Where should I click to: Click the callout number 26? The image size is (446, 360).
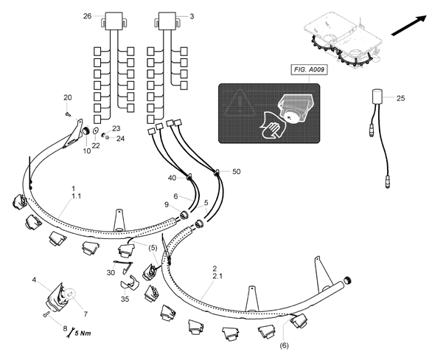pos(87,16)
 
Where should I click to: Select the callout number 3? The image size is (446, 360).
pos(192,16)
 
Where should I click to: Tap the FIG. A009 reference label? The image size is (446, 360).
pos(309,70)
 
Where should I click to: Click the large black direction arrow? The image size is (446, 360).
pos(409,26)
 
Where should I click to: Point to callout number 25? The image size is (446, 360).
pos(400,98)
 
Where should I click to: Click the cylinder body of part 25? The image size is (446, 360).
pos(377,97)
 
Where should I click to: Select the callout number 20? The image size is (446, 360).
pos(67,97)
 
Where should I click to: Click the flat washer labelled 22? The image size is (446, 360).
pos(96,131)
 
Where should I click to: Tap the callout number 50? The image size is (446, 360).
pos(237,171)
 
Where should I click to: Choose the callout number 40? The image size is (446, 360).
pos(172,178)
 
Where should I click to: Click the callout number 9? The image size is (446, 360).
pos(167,204)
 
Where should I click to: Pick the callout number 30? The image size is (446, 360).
pos(111,273)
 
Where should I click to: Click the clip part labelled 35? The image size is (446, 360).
pos(130,283)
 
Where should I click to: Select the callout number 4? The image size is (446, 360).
pos(34,280)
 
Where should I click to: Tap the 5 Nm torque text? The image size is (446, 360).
pos(83,333)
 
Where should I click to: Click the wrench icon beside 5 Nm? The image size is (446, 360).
pos(70,333)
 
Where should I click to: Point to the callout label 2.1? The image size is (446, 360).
pos(217,276)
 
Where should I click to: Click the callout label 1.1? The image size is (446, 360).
pos(76,196)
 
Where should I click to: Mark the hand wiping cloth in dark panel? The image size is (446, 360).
pos(272,128)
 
